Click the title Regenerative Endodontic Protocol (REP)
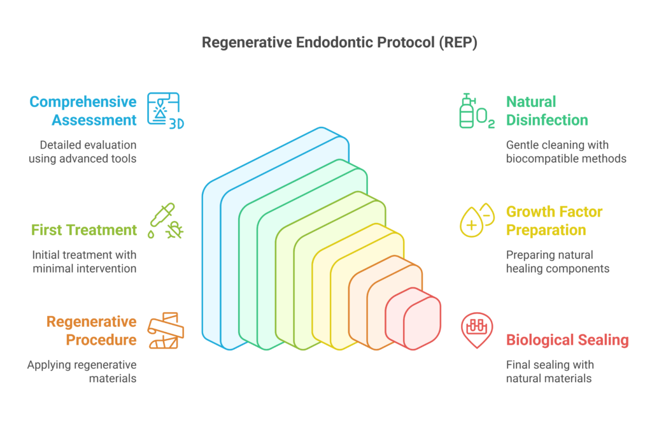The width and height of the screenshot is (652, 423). click(325, 42)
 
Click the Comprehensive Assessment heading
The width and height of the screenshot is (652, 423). click(83, 111)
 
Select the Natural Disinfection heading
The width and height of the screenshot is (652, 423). click(546, 111)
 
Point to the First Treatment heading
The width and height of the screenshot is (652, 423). click(85, 229)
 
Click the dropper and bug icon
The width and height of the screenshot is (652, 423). click(165, 221)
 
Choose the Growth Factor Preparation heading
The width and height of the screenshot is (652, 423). click(554, 220)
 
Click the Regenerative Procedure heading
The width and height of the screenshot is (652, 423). click(92, 331)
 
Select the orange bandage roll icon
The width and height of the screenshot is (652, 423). click(165, 331)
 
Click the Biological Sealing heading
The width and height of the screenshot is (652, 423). click(567, 340)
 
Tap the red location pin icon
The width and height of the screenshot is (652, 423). click(477, 330)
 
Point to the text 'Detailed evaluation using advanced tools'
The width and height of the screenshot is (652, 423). click(82, 152)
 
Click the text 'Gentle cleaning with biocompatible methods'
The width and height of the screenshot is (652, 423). click(566, 152)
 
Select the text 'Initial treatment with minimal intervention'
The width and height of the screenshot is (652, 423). click(84, 262)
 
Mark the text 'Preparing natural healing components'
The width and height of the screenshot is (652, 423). click(558, 262)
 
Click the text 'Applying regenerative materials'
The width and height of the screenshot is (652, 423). click(81, 371)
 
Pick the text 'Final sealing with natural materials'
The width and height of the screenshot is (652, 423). click(549, 371)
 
